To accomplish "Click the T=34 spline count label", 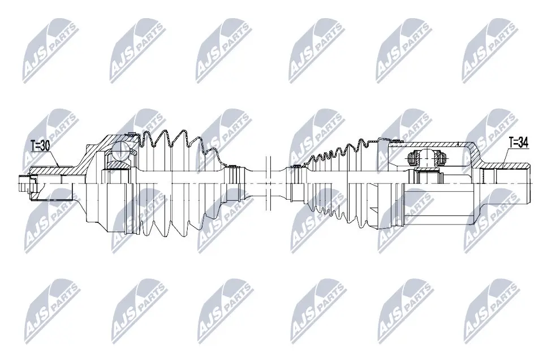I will point(518,143).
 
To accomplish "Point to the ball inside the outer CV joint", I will point(120,150).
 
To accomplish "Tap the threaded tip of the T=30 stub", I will point(23,184).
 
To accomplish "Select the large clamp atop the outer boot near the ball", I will point(131,135).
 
